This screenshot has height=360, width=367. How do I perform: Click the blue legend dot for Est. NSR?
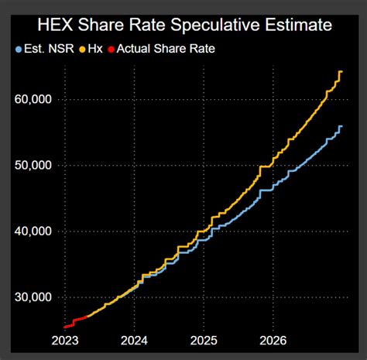pyautogui.click(x=18, y=49)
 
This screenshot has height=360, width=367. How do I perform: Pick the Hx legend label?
pyautogui.click(x=94, y=49)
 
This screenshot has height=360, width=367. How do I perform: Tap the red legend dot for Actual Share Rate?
pyautogui.click(x=111, y=49)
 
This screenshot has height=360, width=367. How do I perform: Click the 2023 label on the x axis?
pyautogui.click(x=67, y=340)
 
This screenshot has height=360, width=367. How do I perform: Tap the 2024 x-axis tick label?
pyautogui.click(x=135, y=340)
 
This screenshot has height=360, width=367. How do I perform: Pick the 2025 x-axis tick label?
pyautogui.click(x=204, y=340)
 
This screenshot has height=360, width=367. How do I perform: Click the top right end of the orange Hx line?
pyautogui.click(x=341, y=72)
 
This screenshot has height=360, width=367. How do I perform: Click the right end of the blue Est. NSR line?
pyautogui.click(x=341, y=126)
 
